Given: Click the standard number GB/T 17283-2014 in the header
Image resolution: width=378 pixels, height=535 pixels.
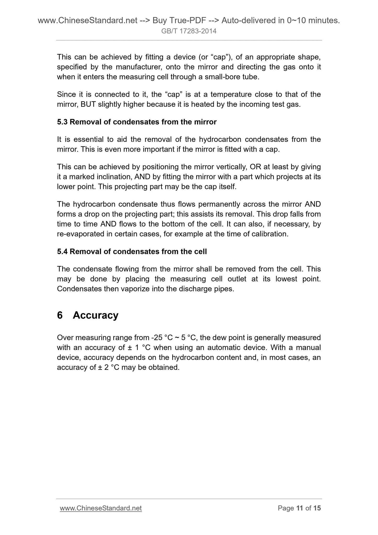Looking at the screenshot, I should [189, 31].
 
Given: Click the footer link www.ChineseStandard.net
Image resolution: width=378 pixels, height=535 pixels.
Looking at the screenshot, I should [101, 508].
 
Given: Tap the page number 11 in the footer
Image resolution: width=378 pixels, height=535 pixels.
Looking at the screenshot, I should [300, 508].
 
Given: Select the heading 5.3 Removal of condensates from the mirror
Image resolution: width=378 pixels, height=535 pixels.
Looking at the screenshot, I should [137, 122].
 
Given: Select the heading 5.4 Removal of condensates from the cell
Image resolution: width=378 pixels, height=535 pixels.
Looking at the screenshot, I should [132, 252].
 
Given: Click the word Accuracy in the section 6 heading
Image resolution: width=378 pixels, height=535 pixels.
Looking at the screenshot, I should [95, 315].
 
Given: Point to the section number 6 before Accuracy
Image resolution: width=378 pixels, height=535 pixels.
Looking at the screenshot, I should [60, 315].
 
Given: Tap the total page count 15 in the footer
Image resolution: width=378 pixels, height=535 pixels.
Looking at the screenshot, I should [317, 508].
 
